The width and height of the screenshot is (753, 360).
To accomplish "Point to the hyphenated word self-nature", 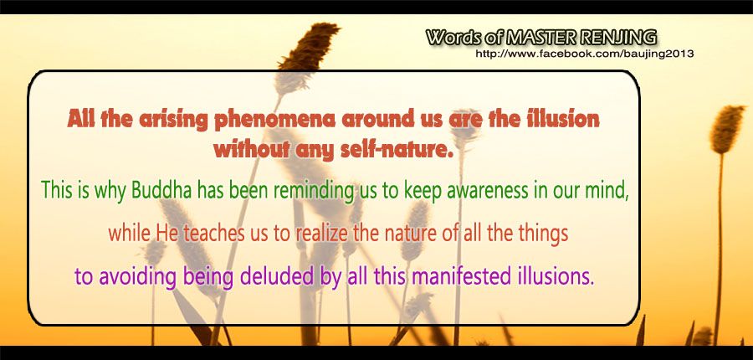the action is (x=397, y=150).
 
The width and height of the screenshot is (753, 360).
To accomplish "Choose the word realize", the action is (x=321, y=234).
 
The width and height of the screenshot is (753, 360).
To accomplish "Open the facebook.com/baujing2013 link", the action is (x=584, y=54).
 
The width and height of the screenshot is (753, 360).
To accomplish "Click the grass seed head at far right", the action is (x=726, y=128).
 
